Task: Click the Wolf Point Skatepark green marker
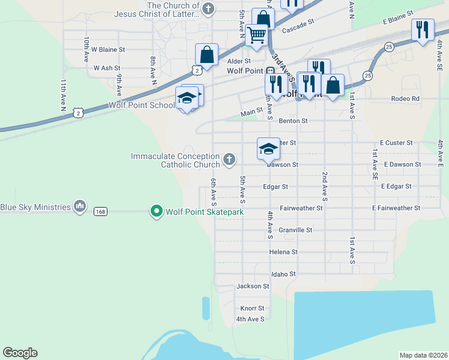coord(157,212)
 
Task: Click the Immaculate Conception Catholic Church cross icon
coord(228,160)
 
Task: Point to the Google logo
coord(20,353)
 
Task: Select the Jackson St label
coord(253,286)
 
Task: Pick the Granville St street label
coord(295,230)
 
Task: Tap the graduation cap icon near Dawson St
coord(268,149)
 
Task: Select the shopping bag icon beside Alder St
coord(206,55)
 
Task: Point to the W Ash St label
coord(107,68)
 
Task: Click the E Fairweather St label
coord(396,208)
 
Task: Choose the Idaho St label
coord(283,274)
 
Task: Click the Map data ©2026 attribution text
coord(423,355)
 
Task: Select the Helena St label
coord(283,252)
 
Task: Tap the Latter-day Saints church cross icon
coord(208,9)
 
